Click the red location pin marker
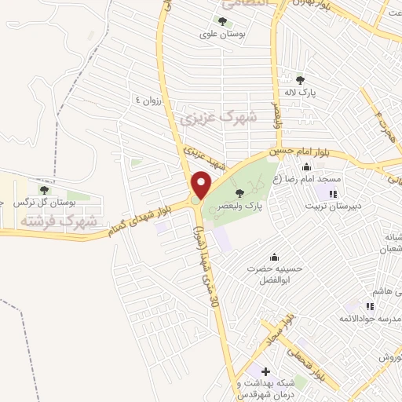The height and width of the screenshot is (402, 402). (202, 185)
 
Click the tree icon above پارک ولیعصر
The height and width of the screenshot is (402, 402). (239, 193)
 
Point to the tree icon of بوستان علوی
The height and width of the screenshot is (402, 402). (222, 22)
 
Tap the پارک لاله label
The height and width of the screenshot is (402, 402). (300, 93)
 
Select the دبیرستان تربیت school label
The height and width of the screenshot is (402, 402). (334, 206)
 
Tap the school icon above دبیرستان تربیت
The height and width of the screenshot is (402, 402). (333, 193)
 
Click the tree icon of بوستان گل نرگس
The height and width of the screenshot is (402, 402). (44, 189)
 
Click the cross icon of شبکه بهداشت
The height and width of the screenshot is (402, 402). (265, 371)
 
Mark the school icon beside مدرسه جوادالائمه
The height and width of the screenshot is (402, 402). (369, 307)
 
